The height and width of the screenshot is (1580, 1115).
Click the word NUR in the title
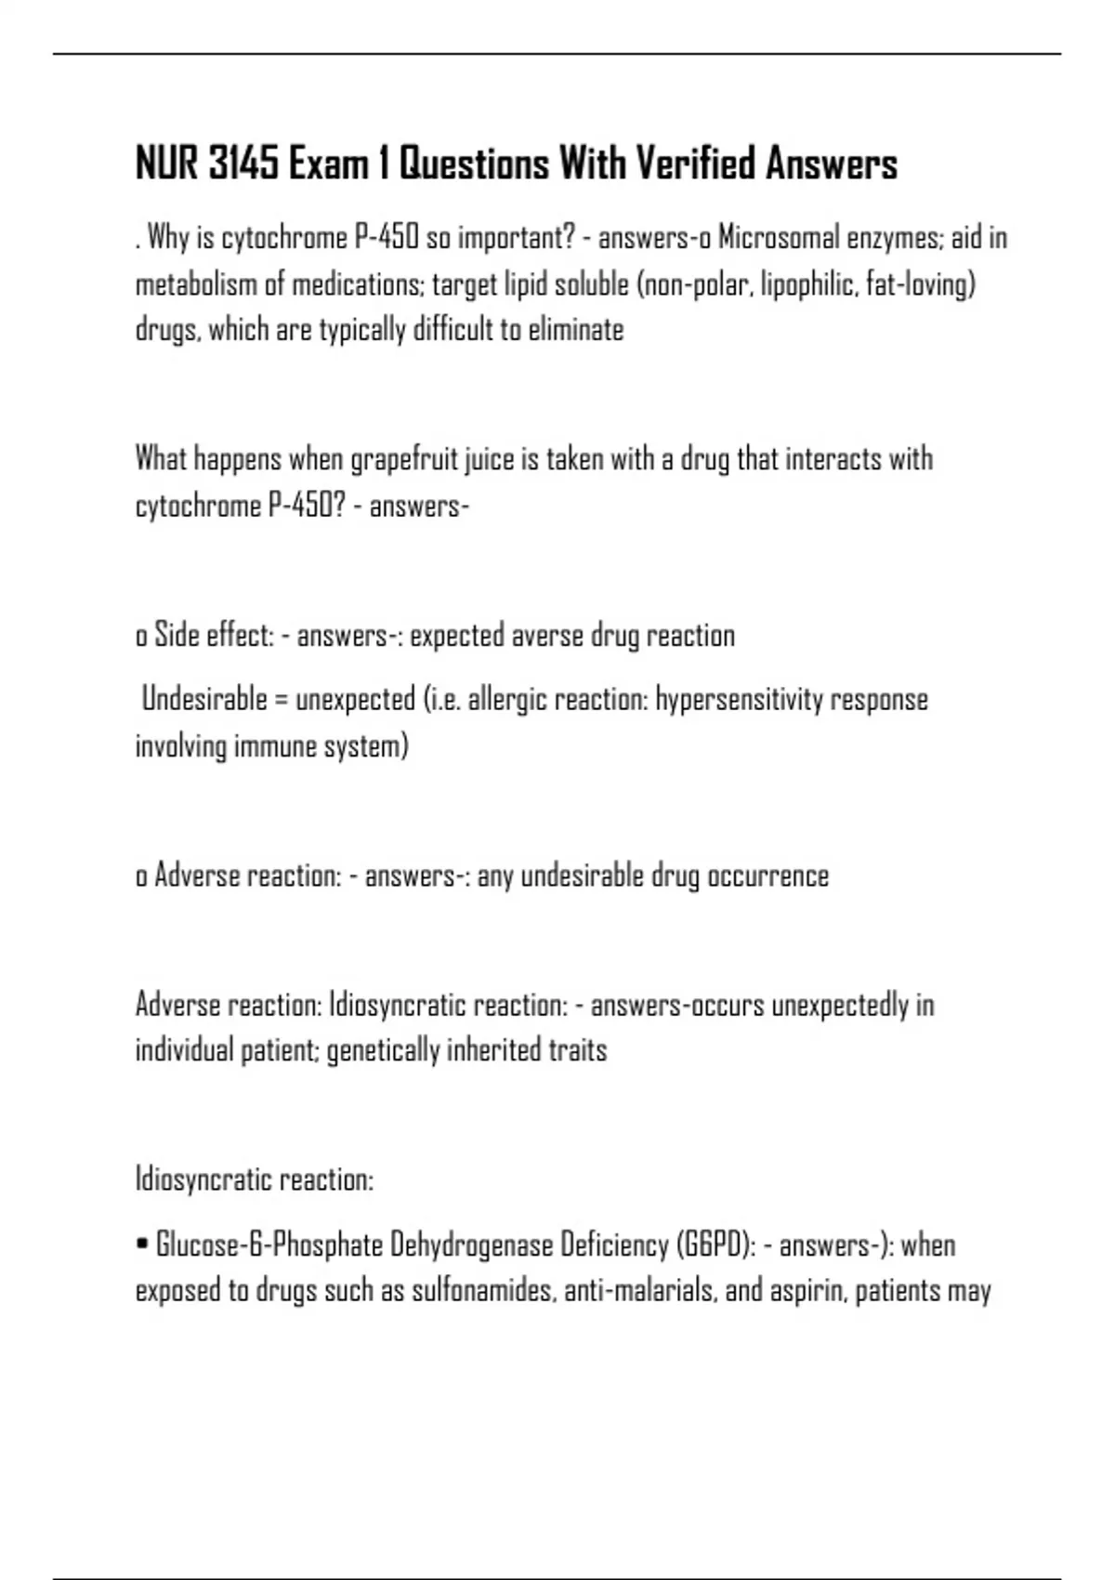167,165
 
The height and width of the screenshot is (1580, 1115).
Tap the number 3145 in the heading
243,165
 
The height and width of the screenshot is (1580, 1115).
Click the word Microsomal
778,238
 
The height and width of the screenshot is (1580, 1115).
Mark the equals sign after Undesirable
281,700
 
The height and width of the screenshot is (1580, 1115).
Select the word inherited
493,1051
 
